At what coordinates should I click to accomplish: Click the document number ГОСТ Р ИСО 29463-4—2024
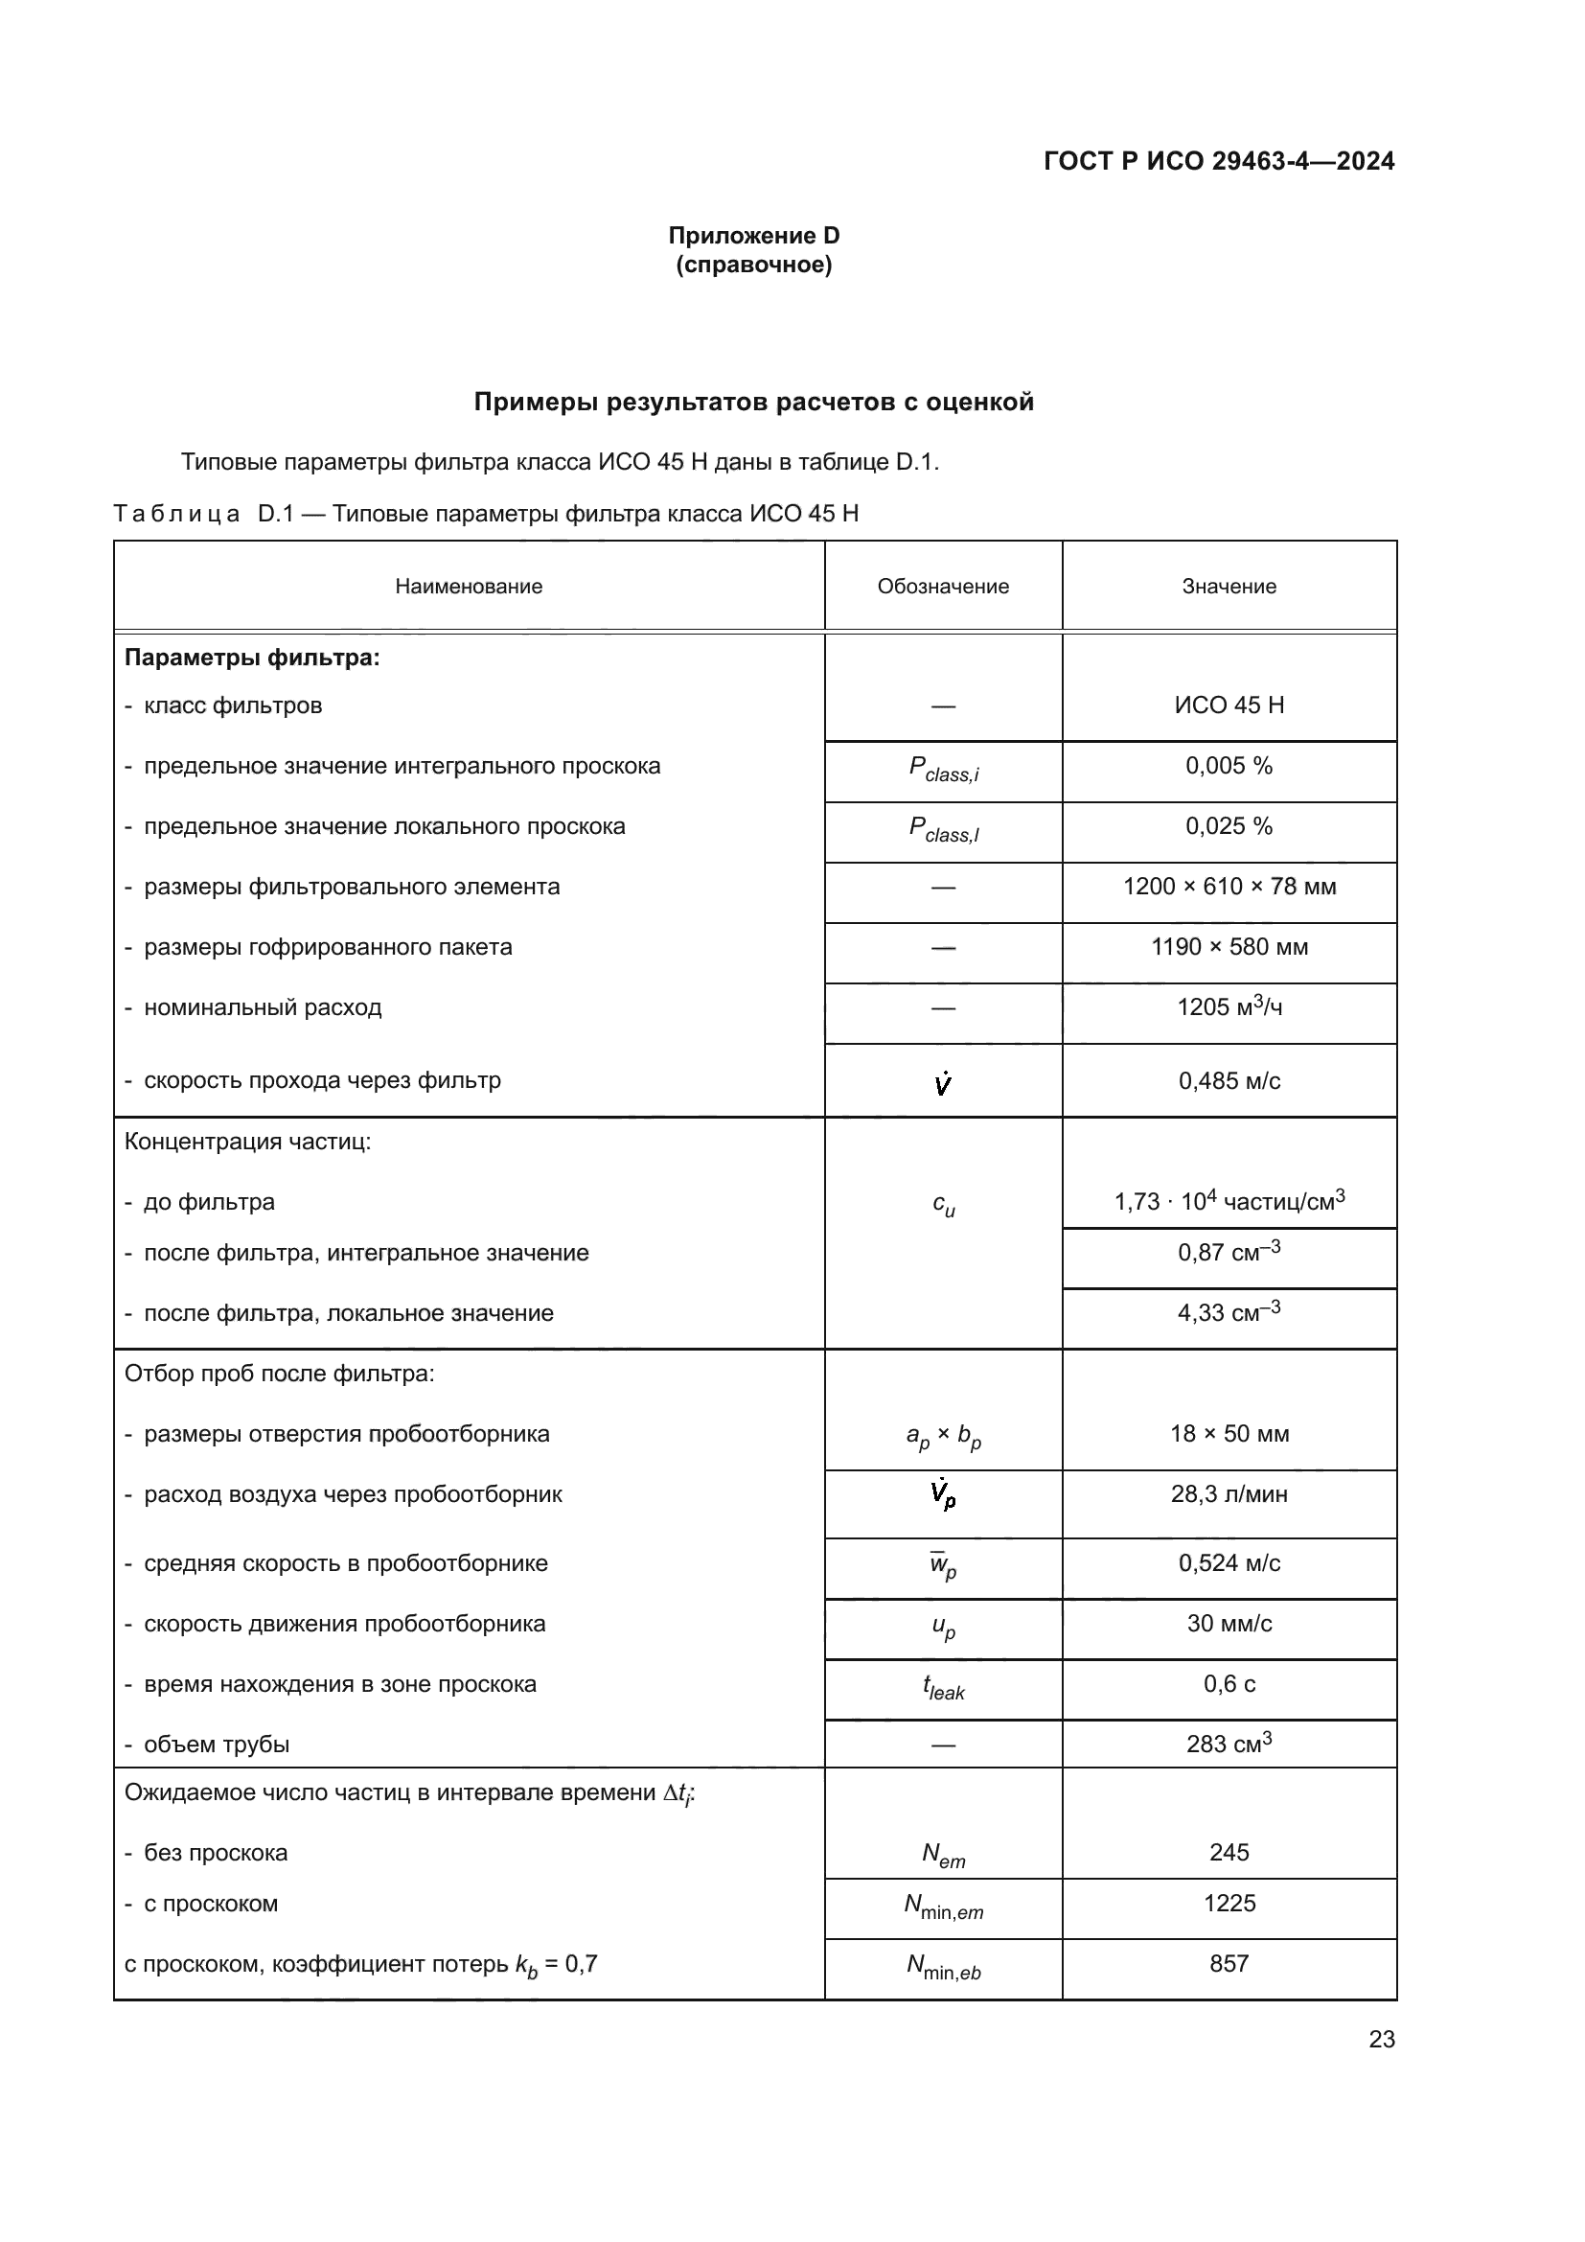click(1218, 161)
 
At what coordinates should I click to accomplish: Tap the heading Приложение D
click(753, 236)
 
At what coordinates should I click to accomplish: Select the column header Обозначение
click(942, 586)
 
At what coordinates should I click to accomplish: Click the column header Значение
click(1228, 586)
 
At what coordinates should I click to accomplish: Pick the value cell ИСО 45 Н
click(1228, 705)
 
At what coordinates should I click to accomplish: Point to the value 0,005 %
click(1228, 766)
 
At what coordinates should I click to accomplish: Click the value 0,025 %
click(1228, 826)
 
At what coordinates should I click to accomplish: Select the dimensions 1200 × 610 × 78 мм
click(1228, 887)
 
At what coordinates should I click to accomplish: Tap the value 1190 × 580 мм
click(1228, 947)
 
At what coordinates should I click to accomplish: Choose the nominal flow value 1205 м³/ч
click(1228, 1006)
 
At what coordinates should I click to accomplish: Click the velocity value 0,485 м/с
click(1228, 1081)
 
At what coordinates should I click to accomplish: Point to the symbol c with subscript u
click(943, 1204)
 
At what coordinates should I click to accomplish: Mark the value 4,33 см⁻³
click(1228, 1312)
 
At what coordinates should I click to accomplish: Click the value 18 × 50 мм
click(1228, 1433)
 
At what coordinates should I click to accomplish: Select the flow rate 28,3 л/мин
click(1228, 1494)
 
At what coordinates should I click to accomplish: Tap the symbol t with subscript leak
click(943, 1686)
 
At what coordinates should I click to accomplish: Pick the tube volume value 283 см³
click(1228, 1744)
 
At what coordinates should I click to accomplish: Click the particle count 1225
click(1228, 1904)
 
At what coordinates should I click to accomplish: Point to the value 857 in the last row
click(1228, 1964)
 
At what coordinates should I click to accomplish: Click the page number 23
click(1381, 2040)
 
